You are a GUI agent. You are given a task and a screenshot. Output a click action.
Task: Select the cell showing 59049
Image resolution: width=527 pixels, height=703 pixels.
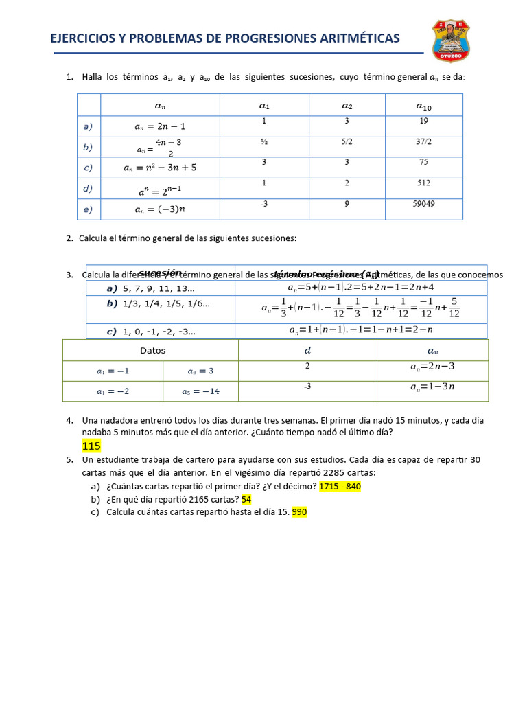tap(424, 204)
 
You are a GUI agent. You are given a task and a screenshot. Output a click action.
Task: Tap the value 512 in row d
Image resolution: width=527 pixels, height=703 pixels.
tap(423, 183)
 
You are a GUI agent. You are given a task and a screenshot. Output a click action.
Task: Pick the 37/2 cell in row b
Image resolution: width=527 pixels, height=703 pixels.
tap(423, 142)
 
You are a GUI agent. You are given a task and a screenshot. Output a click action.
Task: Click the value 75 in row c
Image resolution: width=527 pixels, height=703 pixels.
tap(423, 163)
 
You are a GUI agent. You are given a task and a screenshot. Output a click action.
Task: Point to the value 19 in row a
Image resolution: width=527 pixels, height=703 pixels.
tap(423, 122)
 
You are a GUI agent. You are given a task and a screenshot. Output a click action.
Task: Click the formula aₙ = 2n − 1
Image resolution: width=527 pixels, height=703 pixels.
tap(160, 126)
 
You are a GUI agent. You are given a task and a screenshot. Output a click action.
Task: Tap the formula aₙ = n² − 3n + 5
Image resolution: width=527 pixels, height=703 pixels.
tap(160, 167)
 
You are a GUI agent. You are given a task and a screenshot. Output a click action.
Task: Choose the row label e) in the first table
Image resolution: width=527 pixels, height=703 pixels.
tap(88, 209)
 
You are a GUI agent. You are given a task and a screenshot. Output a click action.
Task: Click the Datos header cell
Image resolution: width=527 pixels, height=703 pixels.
tap(152, 350)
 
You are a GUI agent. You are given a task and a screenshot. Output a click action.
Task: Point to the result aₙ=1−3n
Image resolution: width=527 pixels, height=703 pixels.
tap(432, 387)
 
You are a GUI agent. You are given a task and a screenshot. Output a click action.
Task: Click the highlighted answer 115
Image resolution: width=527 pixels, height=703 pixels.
tap(91, 446)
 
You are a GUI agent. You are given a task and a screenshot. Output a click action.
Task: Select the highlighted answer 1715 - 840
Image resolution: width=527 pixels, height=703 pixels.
tap(340, 487)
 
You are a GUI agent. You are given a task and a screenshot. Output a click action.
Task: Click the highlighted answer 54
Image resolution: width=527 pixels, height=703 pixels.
tap(246, 499)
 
